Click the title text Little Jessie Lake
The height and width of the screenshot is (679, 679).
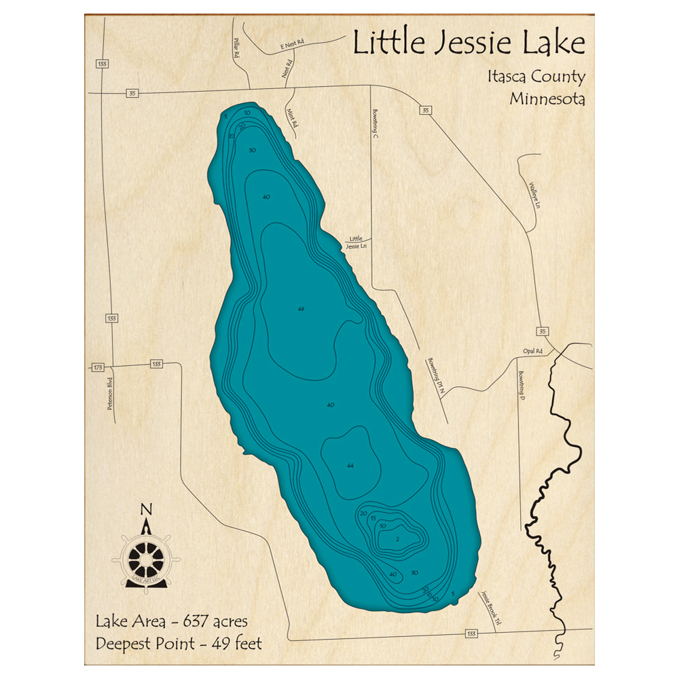point(469,44)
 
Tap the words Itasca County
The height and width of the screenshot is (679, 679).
point(536,77)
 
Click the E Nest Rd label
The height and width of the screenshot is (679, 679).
point(292,45)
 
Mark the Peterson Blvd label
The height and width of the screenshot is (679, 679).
point(109,394)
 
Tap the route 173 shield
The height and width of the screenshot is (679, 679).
point(98,367)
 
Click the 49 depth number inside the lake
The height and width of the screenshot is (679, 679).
point(301,309)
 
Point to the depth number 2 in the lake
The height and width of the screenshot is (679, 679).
point(397,540)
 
